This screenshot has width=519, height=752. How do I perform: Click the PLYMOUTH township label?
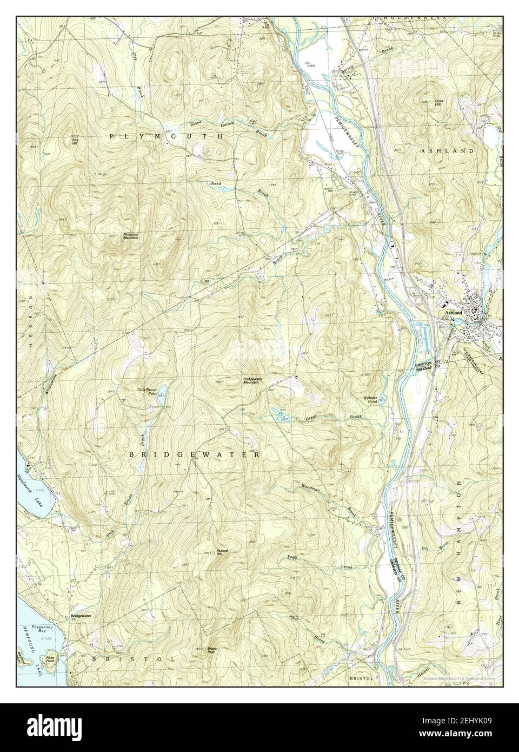click(167, 137)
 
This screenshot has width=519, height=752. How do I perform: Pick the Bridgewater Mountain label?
click(253, 380)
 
